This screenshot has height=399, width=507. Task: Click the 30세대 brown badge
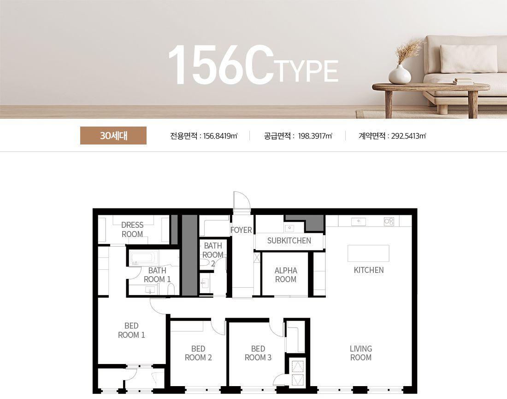(113, 136)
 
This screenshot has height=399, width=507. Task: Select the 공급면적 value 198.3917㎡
(315, 136)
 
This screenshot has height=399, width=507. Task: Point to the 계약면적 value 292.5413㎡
(409, 136)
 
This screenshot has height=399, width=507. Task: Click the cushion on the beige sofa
(469, 58)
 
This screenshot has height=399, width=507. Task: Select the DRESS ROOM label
(132, 230)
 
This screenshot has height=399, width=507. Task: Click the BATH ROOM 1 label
(157, 275)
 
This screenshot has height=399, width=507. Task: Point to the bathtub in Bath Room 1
(144, 258)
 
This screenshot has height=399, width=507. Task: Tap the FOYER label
(241, 230)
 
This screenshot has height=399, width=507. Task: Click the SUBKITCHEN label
(289, 241)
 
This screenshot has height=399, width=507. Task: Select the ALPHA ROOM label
(286, 275)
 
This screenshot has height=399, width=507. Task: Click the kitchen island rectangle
(368, 253)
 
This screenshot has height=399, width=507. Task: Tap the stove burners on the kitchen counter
(389, 221)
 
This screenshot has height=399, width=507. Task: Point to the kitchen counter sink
(359, 221)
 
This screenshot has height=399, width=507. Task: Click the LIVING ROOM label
(361, 353)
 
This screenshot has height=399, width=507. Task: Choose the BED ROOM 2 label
(198, 353)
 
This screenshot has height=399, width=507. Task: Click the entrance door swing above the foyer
(242, 201)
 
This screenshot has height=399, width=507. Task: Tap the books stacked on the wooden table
(463, 81)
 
